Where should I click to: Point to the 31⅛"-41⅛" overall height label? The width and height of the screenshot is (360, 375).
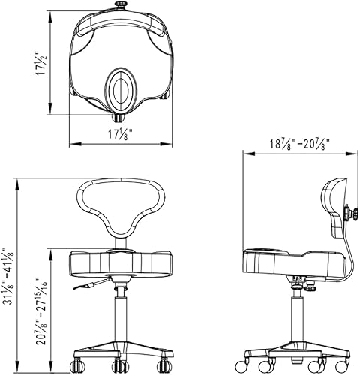click(x=10, y=277)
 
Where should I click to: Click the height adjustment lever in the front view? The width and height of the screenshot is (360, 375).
click(x=86, y=286)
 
